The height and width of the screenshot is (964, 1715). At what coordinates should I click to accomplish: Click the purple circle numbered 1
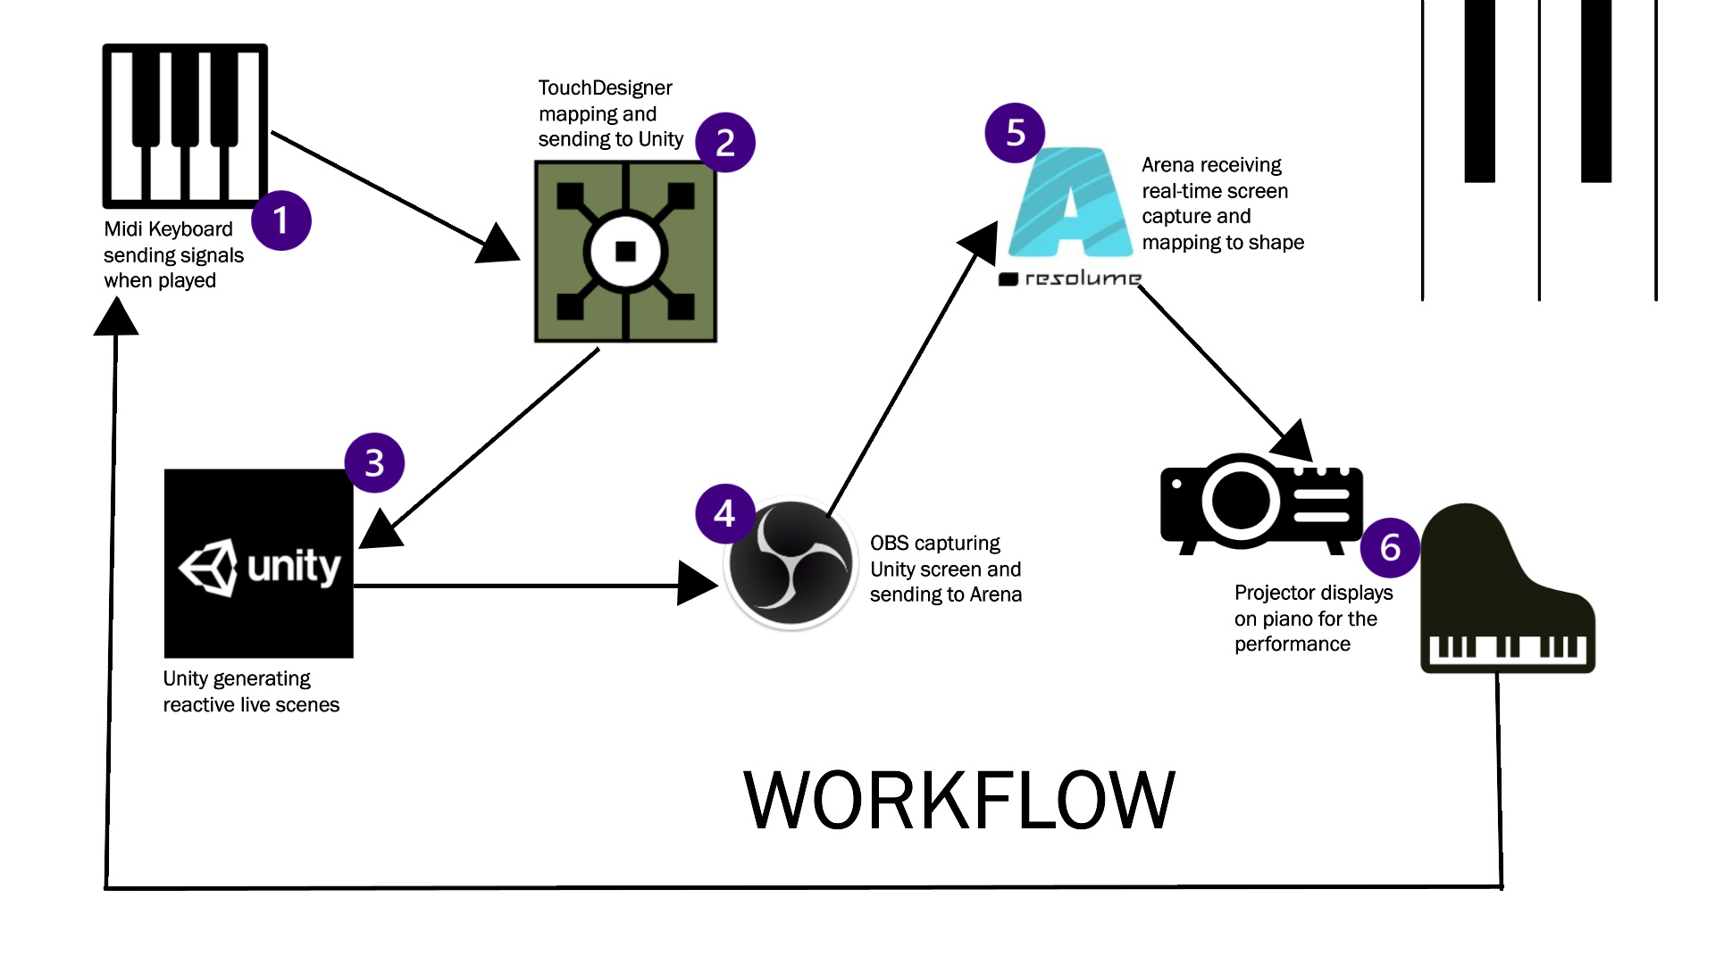point(281,220)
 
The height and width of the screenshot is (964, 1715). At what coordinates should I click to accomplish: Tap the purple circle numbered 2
point(725,143)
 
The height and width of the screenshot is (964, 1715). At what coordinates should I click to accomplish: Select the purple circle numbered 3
point(374,462)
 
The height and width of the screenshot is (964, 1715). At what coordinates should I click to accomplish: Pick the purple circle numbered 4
point(724,513)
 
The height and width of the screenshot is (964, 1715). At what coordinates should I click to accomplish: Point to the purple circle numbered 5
point(1015,133)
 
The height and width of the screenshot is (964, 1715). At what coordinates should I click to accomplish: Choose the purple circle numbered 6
point(1390,547)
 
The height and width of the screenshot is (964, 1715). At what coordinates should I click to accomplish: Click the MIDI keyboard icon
point(185,126)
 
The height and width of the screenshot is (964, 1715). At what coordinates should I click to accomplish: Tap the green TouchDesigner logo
point(625,251)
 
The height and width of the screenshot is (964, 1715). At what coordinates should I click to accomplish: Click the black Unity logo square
point(259,563)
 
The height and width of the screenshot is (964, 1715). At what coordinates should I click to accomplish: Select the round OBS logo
point(791,563)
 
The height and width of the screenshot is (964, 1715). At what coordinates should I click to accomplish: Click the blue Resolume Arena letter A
point(1070,205)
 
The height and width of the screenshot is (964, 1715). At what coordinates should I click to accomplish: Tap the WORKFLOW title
point(958,800)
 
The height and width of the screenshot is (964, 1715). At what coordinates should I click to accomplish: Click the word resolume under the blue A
point(1082,278)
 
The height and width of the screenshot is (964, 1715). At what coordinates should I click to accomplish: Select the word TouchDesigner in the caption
point(605,88)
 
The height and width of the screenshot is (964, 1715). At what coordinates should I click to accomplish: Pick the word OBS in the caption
point(889,543)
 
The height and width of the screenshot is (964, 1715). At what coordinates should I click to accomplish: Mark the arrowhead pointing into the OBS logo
point(698,585)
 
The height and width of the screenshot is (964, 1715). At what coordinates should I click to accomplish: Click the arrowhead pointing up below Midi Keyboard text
point(116,317)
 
